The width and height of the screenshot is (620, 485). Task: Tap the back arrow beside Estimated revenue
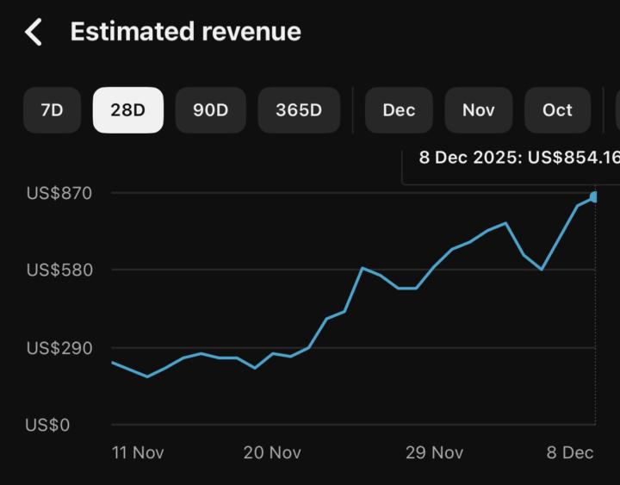(x=34, y=32)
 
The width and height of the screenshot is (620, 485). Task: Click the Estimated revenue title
(x=185, y=32)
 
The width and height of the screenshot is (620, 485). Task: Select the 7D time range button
(x=52, y=110)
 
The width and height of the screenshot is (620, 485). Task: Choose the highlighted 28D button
(x=127, y=110)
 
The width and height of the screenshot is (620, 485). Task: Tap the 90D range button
(x=210, y=110)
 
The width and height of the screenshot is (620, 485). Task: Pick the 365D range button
(x=299, y=110)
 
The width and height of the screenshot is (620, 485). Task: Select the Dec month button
(x=399, y=110)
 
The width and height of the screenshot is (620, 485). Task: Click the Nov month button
(x=478, y=110)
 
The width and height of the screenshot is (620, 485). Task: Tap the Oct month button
(x=557, y=110)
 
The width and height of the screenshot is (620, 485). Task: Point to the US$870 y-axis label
(x=59, y=193)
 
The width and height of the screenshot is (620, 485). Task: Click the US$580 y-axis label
(x=59, y=270)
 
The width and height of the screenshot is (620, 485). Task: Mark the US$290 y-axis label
(x=59, y=348)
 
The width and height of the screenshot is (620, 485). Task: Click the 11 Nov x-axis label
(x=138, y=452)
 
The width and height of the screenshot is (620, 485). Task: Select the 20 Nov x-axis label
(x=272, y=452)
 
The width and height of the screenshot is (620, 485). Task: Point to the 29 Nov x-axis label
(x=434, y=452)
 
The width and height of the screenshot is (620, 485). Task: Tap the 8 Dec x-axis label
(x=570, y=452)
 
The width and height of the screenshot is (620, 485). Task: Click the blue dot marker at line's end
(x=593, y=197)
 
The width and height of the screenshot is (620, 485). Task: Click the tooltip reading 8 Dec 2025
(x=517, y=159)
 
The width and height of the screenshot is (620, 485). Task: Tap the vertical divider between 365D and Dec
(x=353, y=110)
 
